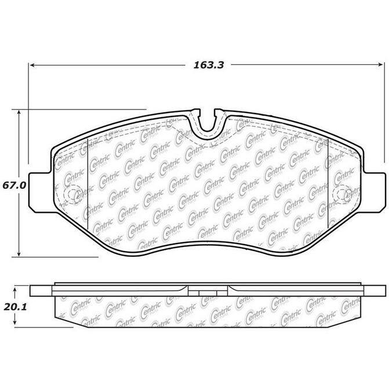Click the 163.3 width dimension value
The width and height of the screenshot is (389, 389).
pos(209,65)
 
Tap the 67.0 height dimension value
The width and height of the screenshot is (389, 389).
pos(14,186)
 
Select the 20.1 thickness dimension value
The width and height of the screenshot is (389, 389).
pos(15,307)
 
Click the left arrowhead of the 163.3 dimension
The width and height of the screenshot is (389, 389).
pos(32,65)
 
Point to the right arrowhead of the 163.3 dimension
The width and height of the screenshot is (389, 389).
pos(380,65)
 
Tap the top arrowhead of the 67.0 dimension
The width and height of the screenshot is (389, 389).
pos(19,113)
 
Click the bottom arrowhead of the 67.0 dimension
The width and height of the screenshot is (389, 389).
pos(19,253)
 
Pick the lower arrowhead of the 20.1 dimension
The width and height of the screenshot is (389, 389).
pos(15,322)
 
